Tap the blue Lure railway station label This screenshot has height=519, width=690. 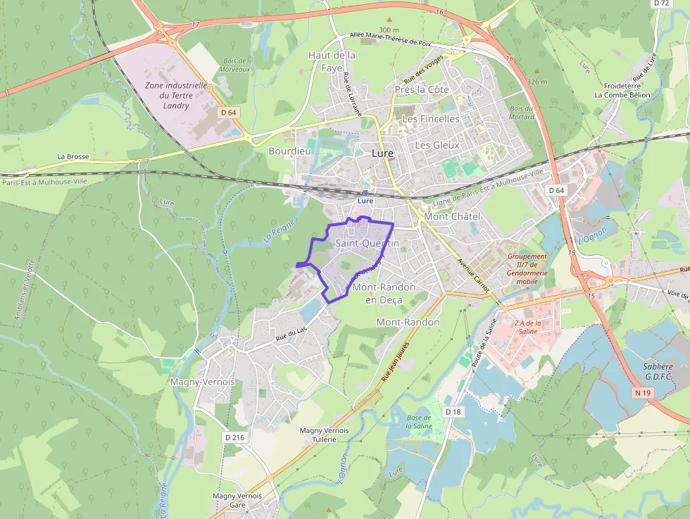(x=365, y=201)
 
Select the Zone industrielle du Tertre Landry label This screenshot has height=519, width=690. (x=176, y=95)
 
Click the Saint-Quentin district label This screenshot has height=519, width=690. (x=368, y=244)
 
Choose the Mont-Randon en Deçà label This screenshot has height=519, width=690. (x=384, y=294)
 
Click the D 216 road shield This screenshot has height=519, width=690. (x=234, y=437)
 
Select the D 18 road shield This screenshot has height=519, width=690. (x=452, y=411)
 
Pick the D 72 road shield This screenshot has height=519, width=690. (x=660, y=4)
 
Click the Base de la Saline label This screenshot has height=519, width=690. (x=419, y=422)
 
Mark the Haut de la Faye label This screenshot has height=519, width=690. (x=332, y=61)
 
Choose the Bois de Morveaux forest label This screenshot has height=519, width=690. (x=234, y=65)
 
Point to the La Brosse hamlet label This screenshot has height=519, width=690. (x=73, y=156)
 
